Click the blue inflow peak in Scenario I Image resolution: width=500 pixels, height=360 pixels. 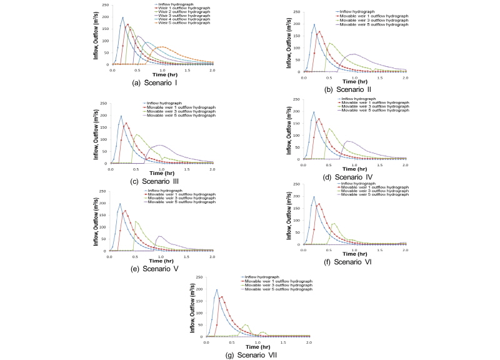[122, 17]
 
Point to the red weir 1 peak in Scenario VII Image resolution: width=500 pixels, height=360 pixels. [222, 297]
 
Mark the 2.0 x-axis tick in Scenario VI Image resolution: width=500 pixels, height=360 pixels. [405, 250]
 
